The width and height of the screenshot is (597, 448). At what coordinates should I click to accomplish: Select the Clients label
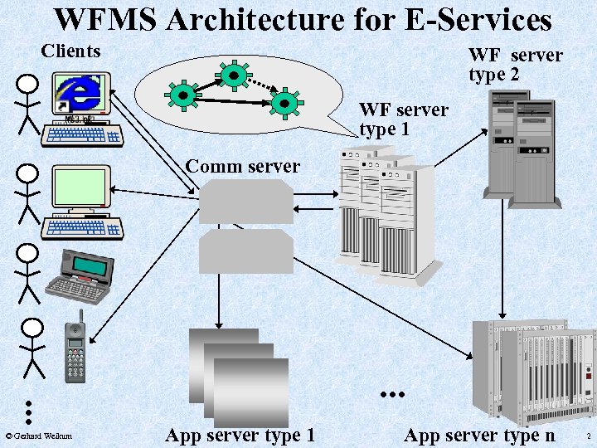point(70,51)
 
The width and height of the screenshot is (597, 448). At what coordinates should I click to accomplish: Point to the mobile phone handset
point(76,348)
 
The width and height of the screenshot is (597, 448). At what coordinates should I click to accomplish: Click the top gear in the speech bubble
point(234,75)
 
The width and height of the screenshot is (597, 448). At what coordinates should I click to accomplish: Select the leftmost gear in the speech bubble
point(182,95)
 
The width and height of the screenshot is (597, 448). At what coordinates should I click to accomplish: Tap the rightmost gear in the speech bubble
point(284,102)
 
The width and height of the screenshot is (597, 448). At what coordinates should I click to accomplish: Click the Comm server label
point(242,166)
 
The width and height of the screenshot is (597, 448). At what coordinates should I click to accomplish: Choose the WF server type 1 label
point(403,119)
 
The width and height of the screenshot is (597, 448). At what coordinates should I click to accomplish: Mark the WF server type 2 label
point(515,65)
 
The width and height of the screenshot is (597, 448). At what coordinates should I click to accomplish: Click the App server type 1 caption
point(240,435)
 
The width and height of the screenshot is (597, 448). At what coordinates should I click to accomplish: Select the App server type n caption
point(479,435)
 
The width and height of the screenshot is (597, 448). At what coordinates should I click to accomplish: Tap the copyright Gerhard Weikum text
point(39,436)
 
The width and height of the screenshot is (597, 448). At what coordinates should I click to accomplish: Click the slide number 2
point(587,436)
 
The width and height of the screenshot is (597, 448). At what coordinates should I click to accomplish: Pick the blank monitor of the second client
point(80,187)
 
